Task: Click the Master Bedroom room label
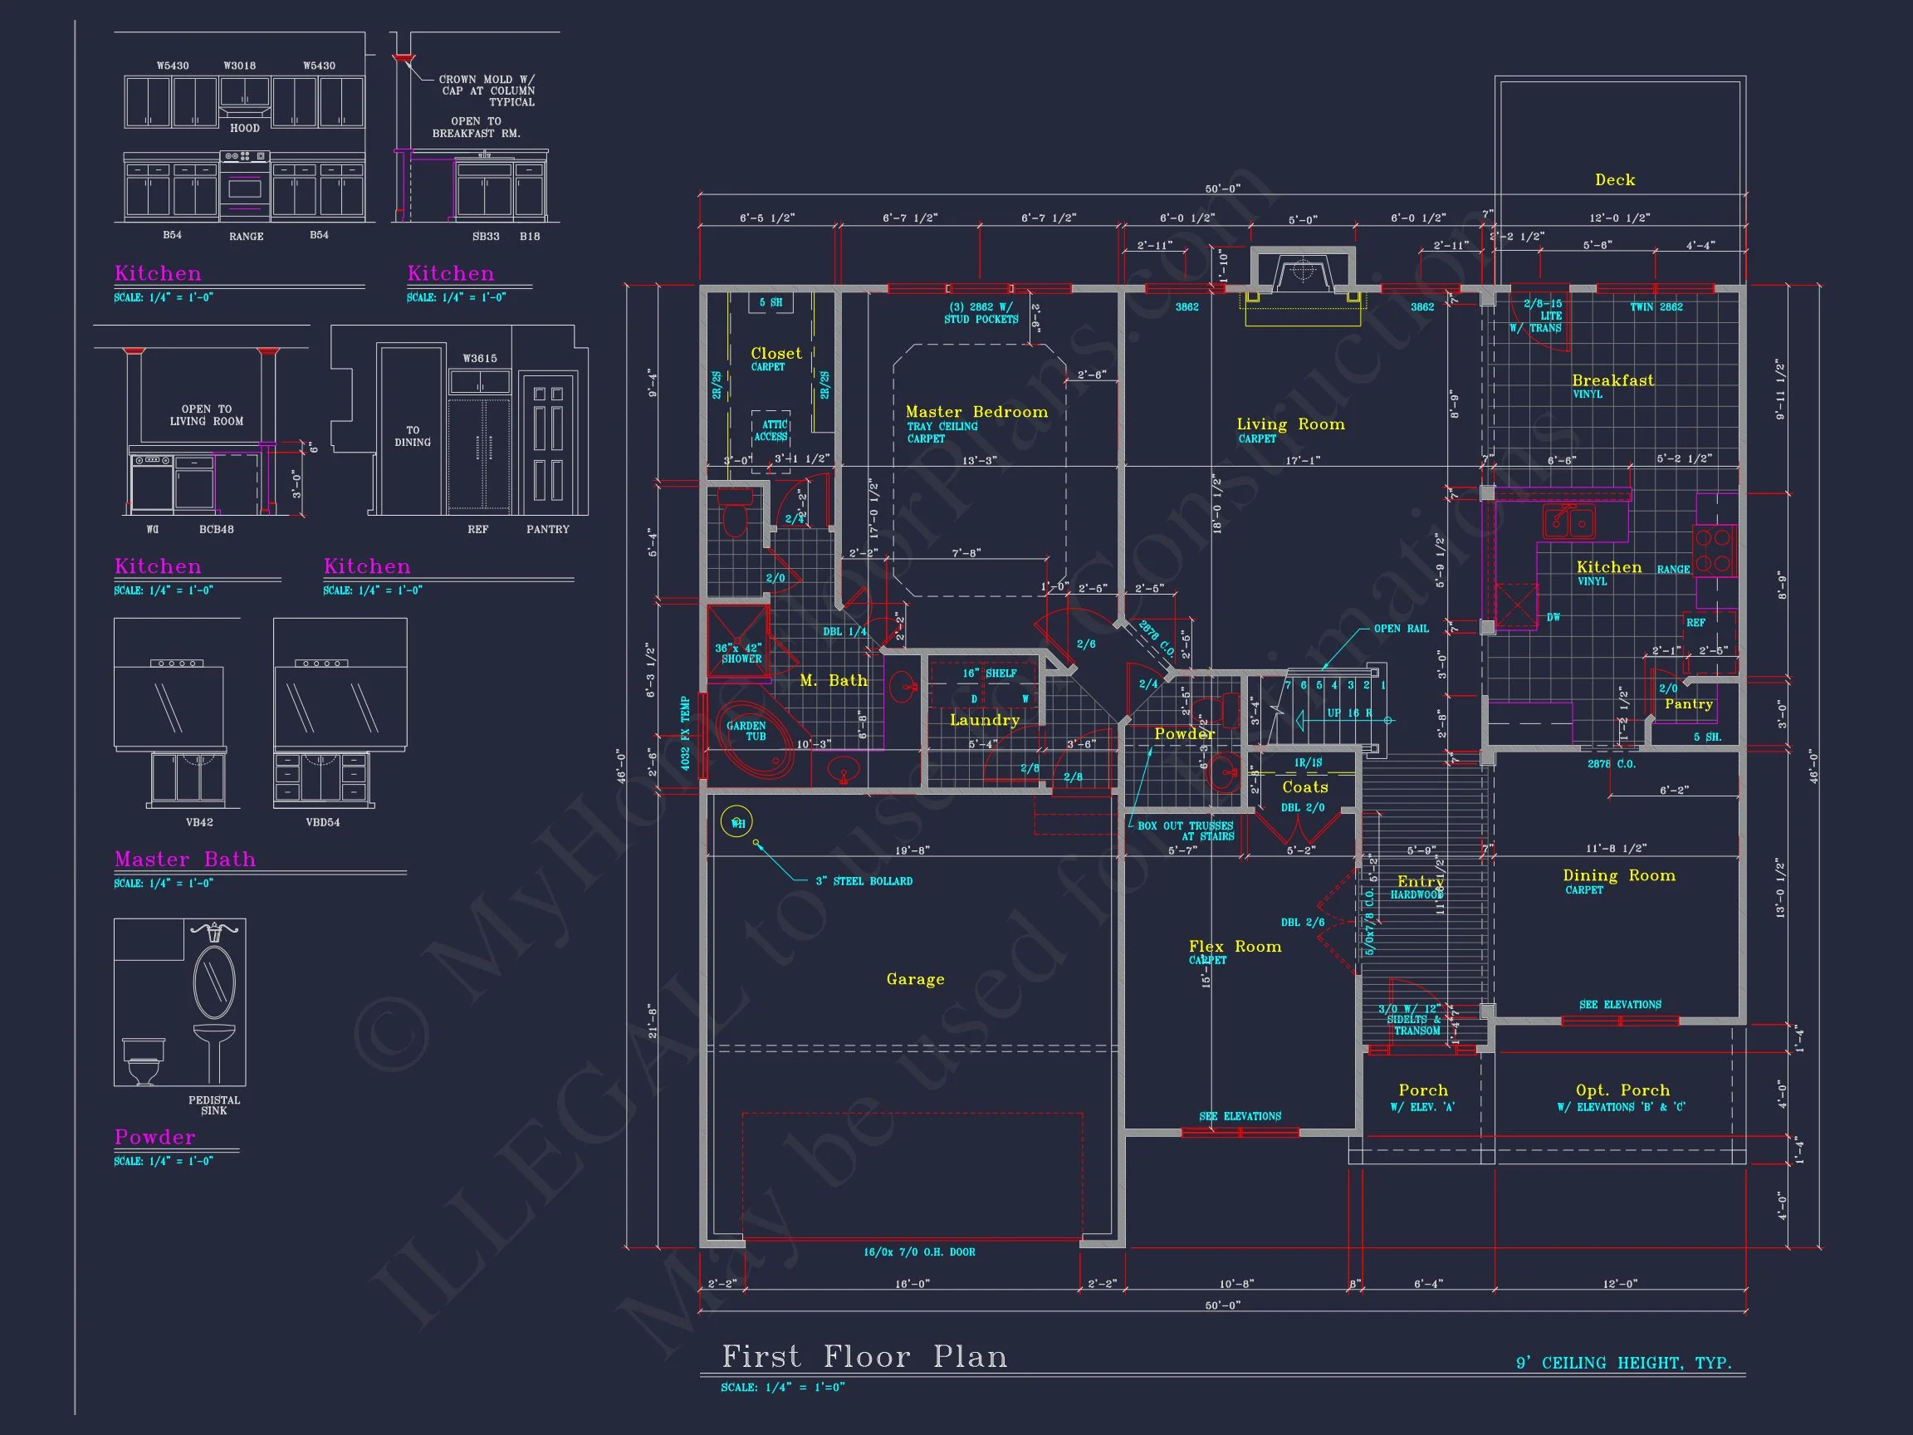coord(976,413)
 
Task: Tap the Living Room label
coord(1290,424)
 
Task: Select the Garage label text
coord(915,979)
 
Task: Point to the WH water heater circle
coord(737,823)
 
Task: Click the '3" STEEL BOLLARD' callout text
coord(864,881)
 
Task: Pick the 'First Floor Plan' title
coord(865,1356)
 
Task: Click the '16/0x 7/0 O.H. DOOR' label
coord(918,1251)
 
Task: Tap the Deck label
coord(1615,180)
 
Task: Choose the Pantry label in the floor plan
coord(1688,704)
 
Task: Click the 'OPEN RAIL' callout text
coord(1401,629)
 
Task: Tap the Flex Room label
coord(1235,948)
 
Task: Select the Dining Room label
coord(1619,875)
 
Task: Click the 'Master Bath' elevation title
coord(185,859)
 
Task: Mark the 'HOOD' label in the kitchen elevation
coord(245,128)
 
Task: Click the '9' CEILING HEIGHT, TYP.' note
coord(1623,1364)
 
